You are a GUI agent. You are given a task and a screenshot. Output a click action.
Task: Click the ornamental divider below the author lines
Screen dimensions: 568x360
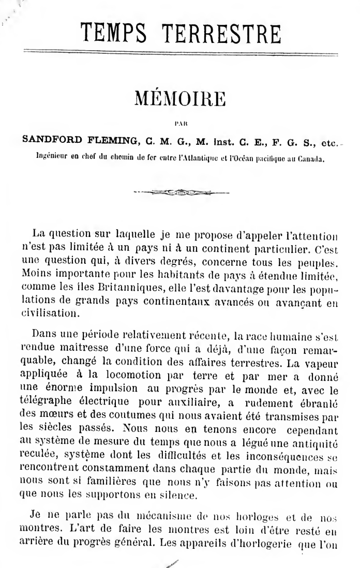pyautogui.click(x=180, y=192)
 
